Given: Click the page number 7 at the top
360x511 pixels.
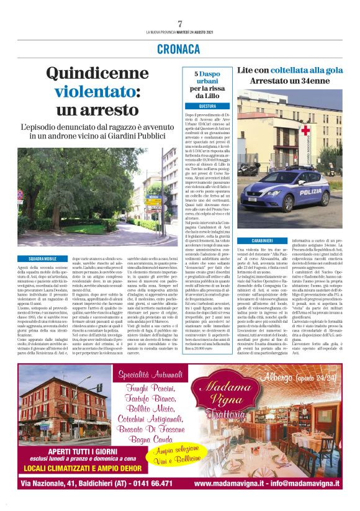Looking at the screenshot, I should click(179, 24).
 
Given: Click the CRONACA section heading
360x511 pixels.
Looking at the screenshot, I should click(179, 48).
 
